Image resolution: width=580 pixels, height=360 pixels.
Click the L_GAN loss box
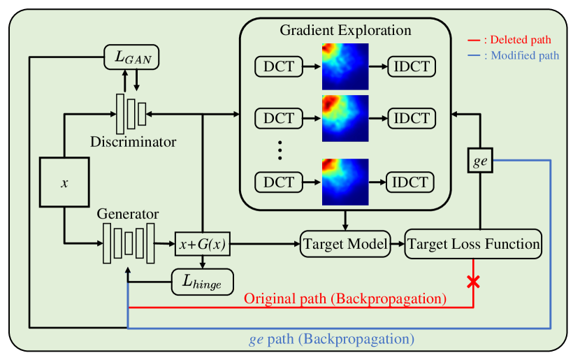131,57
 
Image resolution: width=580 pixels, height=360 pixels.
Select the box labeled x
64,182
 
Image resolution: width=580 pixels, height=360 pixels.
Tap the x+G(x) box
202,245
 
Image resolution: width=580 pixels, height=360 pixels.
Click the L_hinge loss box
202,282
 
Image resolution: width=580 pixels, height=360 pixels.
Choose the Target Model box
345,245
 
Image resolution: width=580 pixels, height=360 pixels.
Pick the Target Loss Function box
473,244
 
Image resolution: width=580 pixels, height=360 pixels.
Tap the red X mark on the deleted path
474,282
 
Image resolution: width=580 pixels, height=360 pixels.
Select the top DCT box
279,67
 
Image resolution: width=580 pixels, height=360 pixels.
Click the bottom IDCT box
411,182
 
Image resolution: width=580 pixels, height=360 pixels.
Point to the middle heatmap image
345,117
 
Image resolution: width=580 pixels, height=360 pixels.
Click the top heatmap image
345,66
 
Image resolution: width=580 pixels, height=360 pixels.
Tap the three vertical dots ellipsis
279,150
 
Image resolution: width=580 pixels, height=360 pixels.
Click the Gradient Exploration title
345,31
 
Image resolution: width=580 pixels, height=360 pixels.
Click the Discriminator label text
133,142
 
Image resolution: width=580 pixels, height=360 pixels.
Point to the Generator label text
128,214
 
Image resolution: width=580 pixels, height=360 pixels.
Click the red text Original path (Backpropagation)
345,298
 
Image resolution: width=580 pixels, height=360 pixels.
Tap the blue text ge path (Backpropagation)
332,339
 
